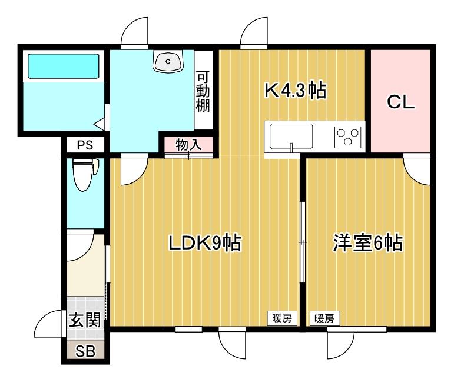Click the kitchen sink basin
(x=291, y=138)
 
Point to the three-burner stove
(x=347, y=138)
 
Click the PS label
(x=84, y=145)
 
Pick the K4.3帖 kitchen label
(x=294, y=91)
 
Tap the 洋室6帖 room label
(x=367, y=242)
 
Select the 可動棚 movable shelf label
(x=203, y=91)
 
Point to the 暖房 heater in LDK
(x=281, y=318)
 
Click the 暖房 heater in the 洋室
(x=323, y=318)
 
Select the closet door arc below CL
(x=419, y=170)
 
